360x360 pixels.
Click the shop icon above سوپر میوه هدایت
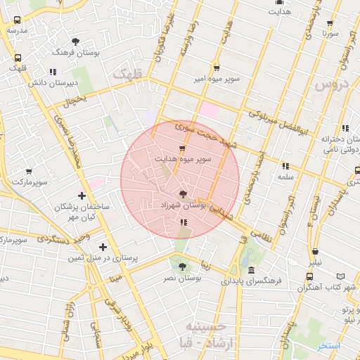pyautogui.click(x=183, y=148)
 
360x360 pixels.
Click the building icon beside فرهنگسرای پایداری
pyautogui.click(x=252, y=269)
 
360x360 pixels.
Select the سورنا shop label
pyautogui.click(x=332, y=33)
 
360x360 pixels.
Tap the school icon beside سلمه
pyautogui.click(x=285, y=167)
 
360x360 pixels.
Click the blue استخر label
pyautogui.click(x=328, y=346)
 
